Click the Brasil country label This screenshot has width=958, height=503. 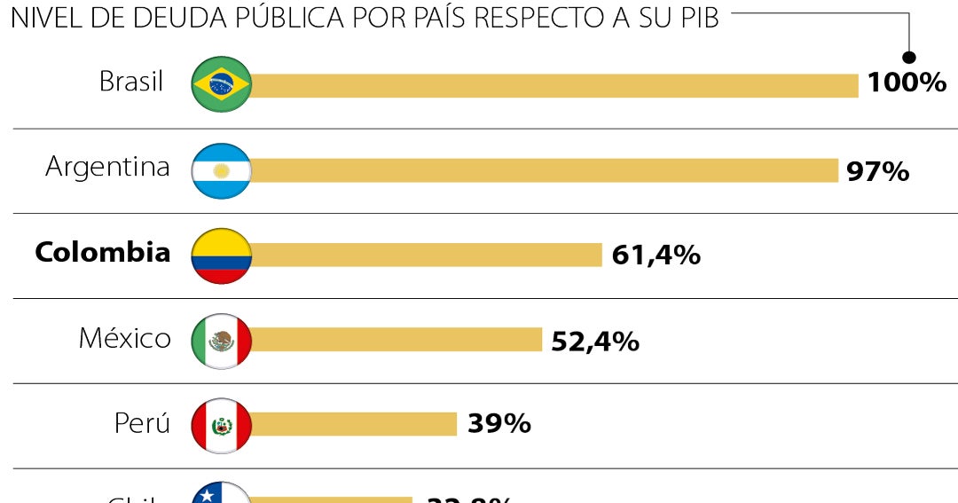click(131, 82)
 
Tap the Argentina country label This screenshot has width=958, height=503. click(107, 167)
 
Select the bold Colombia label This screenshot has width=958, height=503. click(102, 252)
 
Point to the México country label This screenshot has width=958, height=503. click(124, 338)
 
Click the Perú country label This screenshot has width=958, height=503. click(142, 423)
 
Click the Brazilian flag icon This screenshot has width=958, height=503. click(222, 84)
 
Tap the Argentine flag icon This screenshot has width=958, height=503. click(222, 170)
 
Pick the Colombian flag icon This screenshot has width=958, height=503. click(222, 255)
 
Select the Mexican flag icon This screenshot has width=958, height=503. click(222, 341)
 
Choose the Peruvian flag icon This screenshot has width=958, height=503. click(222, 426)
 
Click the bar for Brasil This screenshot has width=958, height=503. click(554, 85)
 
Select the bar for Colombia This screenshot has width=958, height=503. click(426, 255)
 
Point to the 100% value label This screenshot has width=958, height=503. click(907, 83)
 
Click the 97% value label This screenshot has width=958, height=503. click(877, 171)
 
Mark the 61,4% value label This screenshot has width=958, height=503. click(656, 255)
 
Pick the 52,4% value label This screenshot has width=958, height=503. click(594, 342)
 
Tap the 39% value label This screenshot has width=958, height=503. click(499, 424)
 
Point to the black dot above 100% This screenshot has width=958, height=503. click(909, 58)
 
